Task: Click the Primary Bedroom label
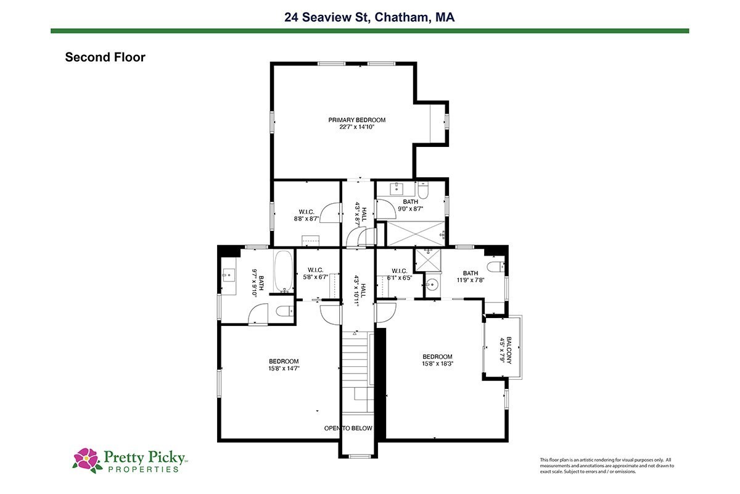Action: tap(357, 123)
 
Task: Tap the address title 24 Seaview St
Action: tap(326, 17)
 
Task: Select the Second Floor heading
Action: tap(105, 57)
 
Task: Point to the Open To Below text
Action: tap(348, 428)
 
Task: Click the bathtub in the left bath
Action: tap(284, 271)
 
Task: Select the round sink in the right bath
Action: tap(432, 284)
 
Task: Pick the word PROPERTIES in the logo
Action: tap(143, 469)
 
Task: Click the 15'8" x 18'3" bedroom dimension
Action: tap(437, 363)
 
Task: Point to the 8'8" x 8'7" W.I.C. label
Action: tap(306, 215)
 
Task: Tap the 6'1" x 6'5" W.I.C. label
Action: tap(400, 274)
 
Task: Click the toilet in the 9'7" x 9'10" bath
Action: tap(284, 311)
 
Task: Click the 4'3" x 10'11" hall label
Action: tap(360, 290)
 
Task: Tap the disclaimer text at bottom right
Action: tap(607, 466)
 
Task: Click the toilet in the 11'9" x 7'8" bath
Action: tap(496, 267)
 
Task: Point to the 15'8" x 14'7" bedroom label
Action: tap(284, 364)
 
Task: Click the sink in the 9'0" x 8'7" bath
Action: tap(397, 189)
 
